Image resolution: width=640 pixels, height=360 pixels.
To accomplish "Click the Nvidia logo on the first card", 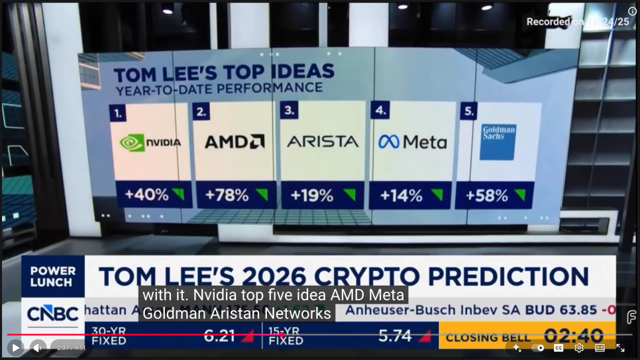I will coord(150,142).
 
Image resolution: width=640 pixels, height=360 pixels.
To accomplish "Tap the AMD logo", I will coord(235,141).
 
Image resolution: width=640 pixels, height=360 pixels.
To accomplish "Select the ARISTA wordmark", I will coord(323,141).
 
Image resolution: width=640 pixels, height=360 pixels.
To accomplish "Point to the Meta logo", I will coord(412,142).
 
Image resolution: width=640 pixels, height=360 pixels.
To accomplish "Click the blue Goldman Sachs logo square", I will coord(497,142).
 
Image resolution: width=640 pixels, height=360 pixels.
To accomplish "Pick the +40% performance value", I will coord(146,195).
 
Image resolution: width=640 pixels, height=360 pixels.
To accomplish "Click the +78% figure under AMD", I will coord(227,195).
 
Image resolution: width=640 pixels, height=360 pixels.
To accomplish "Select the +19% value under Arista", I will coord(311,195).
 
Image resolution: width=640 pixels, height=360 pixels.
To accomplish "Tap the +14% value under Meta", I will coord(401,196).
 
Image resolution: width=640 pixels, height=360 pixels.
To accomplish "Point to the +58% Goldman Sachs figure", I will coord(486,196).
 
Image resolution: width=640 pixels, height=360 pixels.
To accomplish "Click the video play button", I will coord(15,347).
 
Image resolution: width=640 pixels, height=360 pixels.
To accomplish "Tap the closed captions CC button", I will coord(559,347).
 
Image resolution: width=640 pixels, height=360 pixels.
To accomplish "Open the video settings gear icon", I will coord(579,347).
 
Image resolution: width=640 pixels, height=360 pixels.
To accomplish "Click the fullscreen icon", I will coord(620,347).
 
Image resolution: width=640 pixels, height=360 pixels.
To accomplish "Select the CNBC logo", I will coord(52,314).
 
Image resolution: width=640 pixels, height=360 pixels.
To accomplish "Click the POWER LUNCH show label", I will coord(52,276).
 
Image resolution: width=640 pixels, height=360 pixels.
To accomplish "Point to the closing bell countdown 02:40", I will coord(574,335).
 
